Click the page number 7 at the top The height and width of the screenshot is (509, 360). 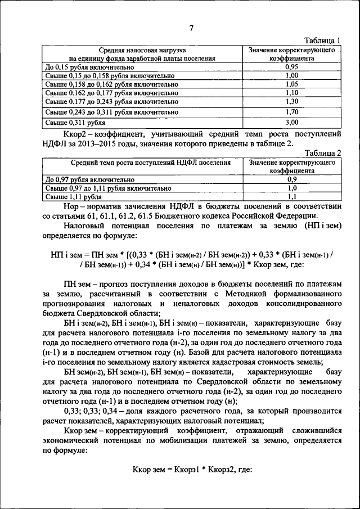click(191, 29)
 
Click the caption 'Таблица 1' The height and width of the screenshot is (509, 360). click(322, 40)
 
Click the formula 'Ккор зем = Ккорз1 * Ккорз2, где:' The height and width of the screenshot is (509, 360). click(191, 469)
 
